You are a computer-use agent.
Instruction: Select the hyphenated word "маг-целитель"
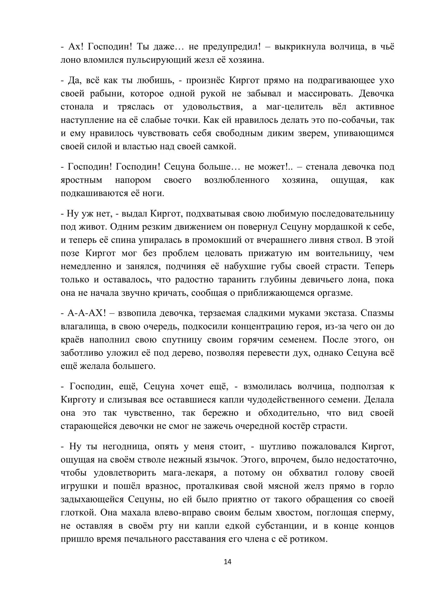click(294, 107)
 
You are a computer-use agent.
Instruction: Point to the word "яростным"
click(81, 180)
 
